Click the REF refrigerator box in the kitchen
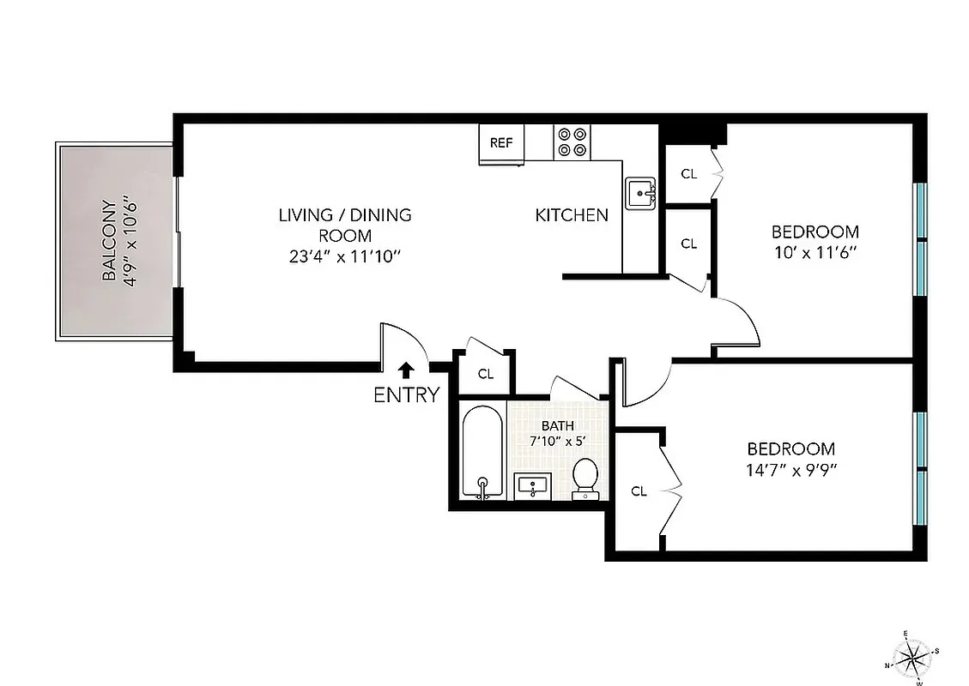pos(501,143)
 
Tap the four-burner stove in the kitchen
pos(572,142)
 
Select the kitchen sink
pos(640,193)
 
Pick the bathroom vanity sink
pos(534,486)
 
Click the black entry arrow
pos(407,370)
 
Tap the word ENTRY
pos(407,395)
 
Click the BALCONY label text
pos(109,241)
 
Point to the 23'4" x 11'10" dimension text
pos(345,256)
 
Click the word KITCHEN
pos(572,215)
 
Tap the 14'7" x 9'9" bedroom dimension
pos(790,470)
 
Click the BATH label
pos(557,426)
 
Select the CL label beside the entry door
pos(486,374)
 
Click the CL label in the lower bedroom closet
pos(639,491)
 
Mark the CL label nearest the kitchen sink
pos(689,173)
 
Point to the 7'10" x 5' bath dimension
pos(557,442)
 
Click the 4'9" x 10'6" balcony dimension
pos(130,241)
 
